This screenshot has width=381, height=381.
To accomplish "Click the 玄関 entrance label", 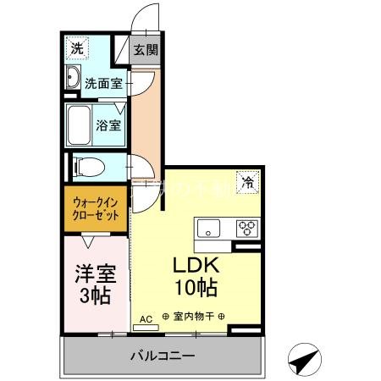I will (x=146, y=50).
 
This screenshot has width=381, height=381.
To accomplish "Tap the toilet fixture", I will (x=85, y=166).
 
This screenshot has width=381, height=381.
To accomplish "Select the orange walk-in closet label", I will (x=95, y=208).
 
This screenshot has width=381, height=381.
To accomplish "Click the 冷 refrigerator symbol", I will (x=248, y=180).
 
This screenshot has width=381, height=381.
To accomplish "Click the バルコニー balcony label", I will (x=163, y=355).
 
